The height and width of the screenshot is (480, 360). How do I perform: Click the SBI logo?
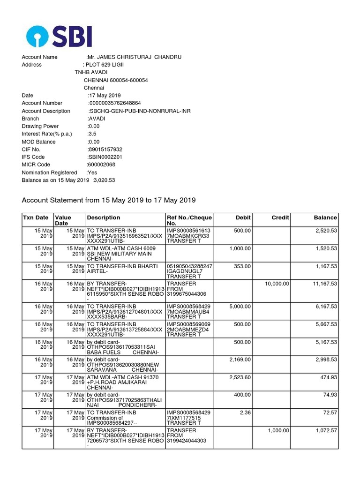click(59, 36)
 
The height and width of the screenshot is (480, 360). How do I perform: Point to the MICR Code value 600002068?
click(101, 165)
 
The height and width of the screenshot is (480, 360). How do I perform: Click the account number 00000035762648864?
click(115, 103)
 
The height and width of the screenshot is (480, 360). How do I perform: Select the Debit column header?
click(243, 217)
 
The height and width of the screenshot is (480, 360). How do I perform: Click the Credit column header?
click(280, 217)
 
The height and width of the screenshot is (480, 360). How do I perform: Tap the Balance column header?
click(325, 217)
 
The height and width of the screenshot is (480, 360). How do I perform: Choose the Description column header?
click(103, 217)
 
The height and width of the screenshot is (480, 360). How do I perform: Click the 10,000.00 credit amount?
click(277, 284)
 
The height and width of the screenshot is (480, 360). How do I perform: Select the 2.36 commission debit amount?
click(245, 412)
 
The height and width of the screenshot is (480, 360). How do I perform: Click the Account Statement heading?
click(109, 200)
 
